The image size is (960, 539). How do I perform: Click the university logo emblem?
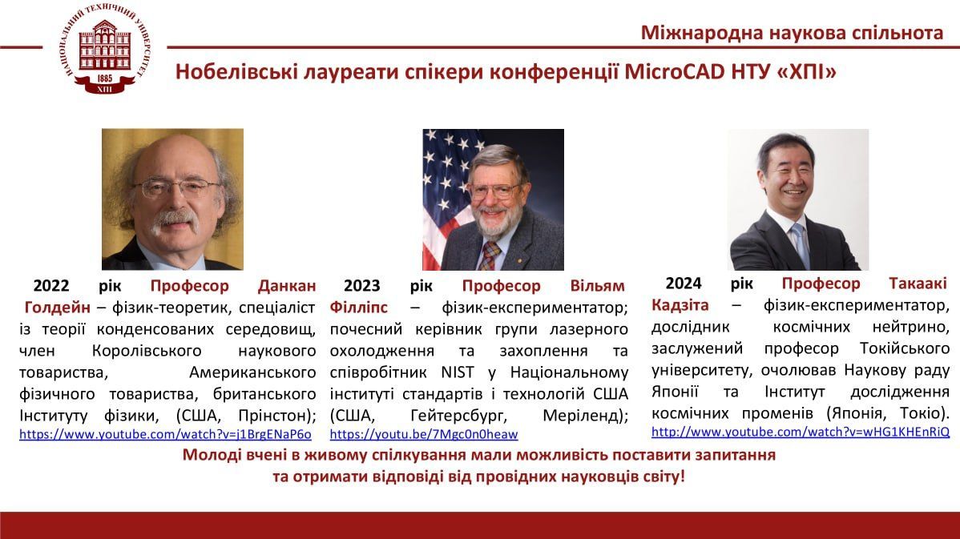click(105, 48)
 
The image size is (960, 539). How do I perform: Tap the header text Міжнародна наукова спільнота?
click(792, 32)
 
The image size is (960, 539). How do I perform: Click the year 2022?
click(50, 286)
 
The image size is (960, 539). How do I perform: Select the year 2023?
click(362, 286)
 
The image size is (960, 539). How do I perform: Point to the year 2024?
click(684, 284)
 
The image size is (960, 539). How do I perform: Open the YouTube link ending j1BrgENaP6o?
click(165, 434)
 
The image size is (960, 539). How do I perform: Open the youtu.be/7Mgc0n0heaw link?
click(424, 434)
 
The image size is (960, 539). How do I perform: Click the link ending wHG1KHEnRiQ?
click(801, 432)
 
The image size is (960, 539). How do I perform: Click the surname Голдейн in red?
click(58, 307)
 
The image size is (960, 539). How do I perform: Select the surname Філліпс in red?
click(359, 307)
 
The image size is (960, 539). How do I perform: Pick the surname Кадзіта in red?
click(680, 304)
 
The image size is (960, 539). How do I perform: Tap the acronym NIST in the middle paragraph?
click(458, 372)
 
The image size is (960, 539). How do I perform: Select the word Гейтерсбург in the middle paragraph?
click(458, 416)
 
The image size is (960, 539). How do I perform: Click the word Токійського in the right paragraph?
click(904, 348)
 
